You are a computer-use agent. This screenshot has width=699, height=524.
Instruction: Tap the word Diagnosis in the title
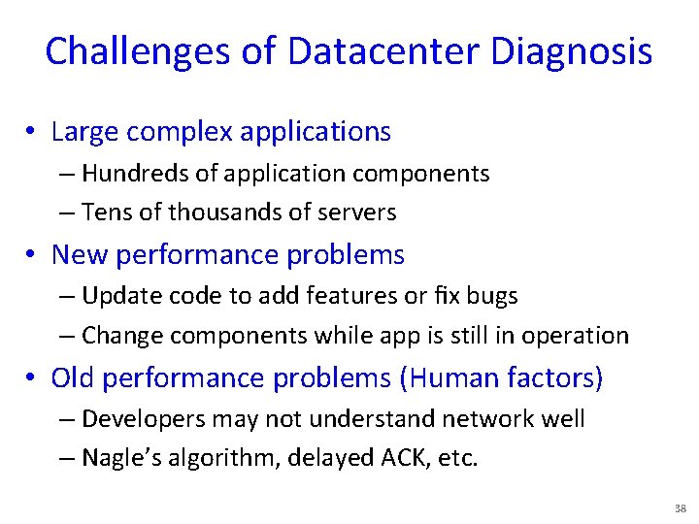[572, 51]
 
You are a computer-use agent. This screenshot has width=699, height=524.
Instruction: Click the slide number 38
[679, 508]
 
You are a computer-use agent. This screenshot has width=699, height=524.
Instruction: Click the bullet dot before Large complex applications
[33, 132]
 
